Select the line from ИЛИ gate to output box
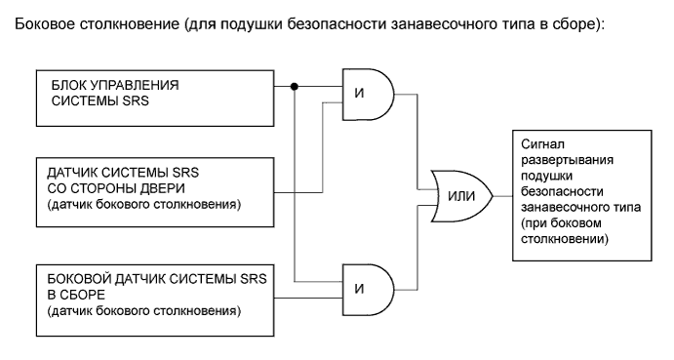(x=500, y=194)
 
